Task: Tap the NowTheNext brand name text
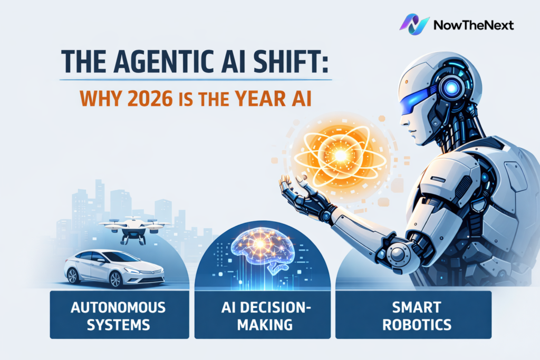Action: (473, 25)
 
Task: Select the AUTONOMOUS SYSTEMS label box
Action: (119, 315)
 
